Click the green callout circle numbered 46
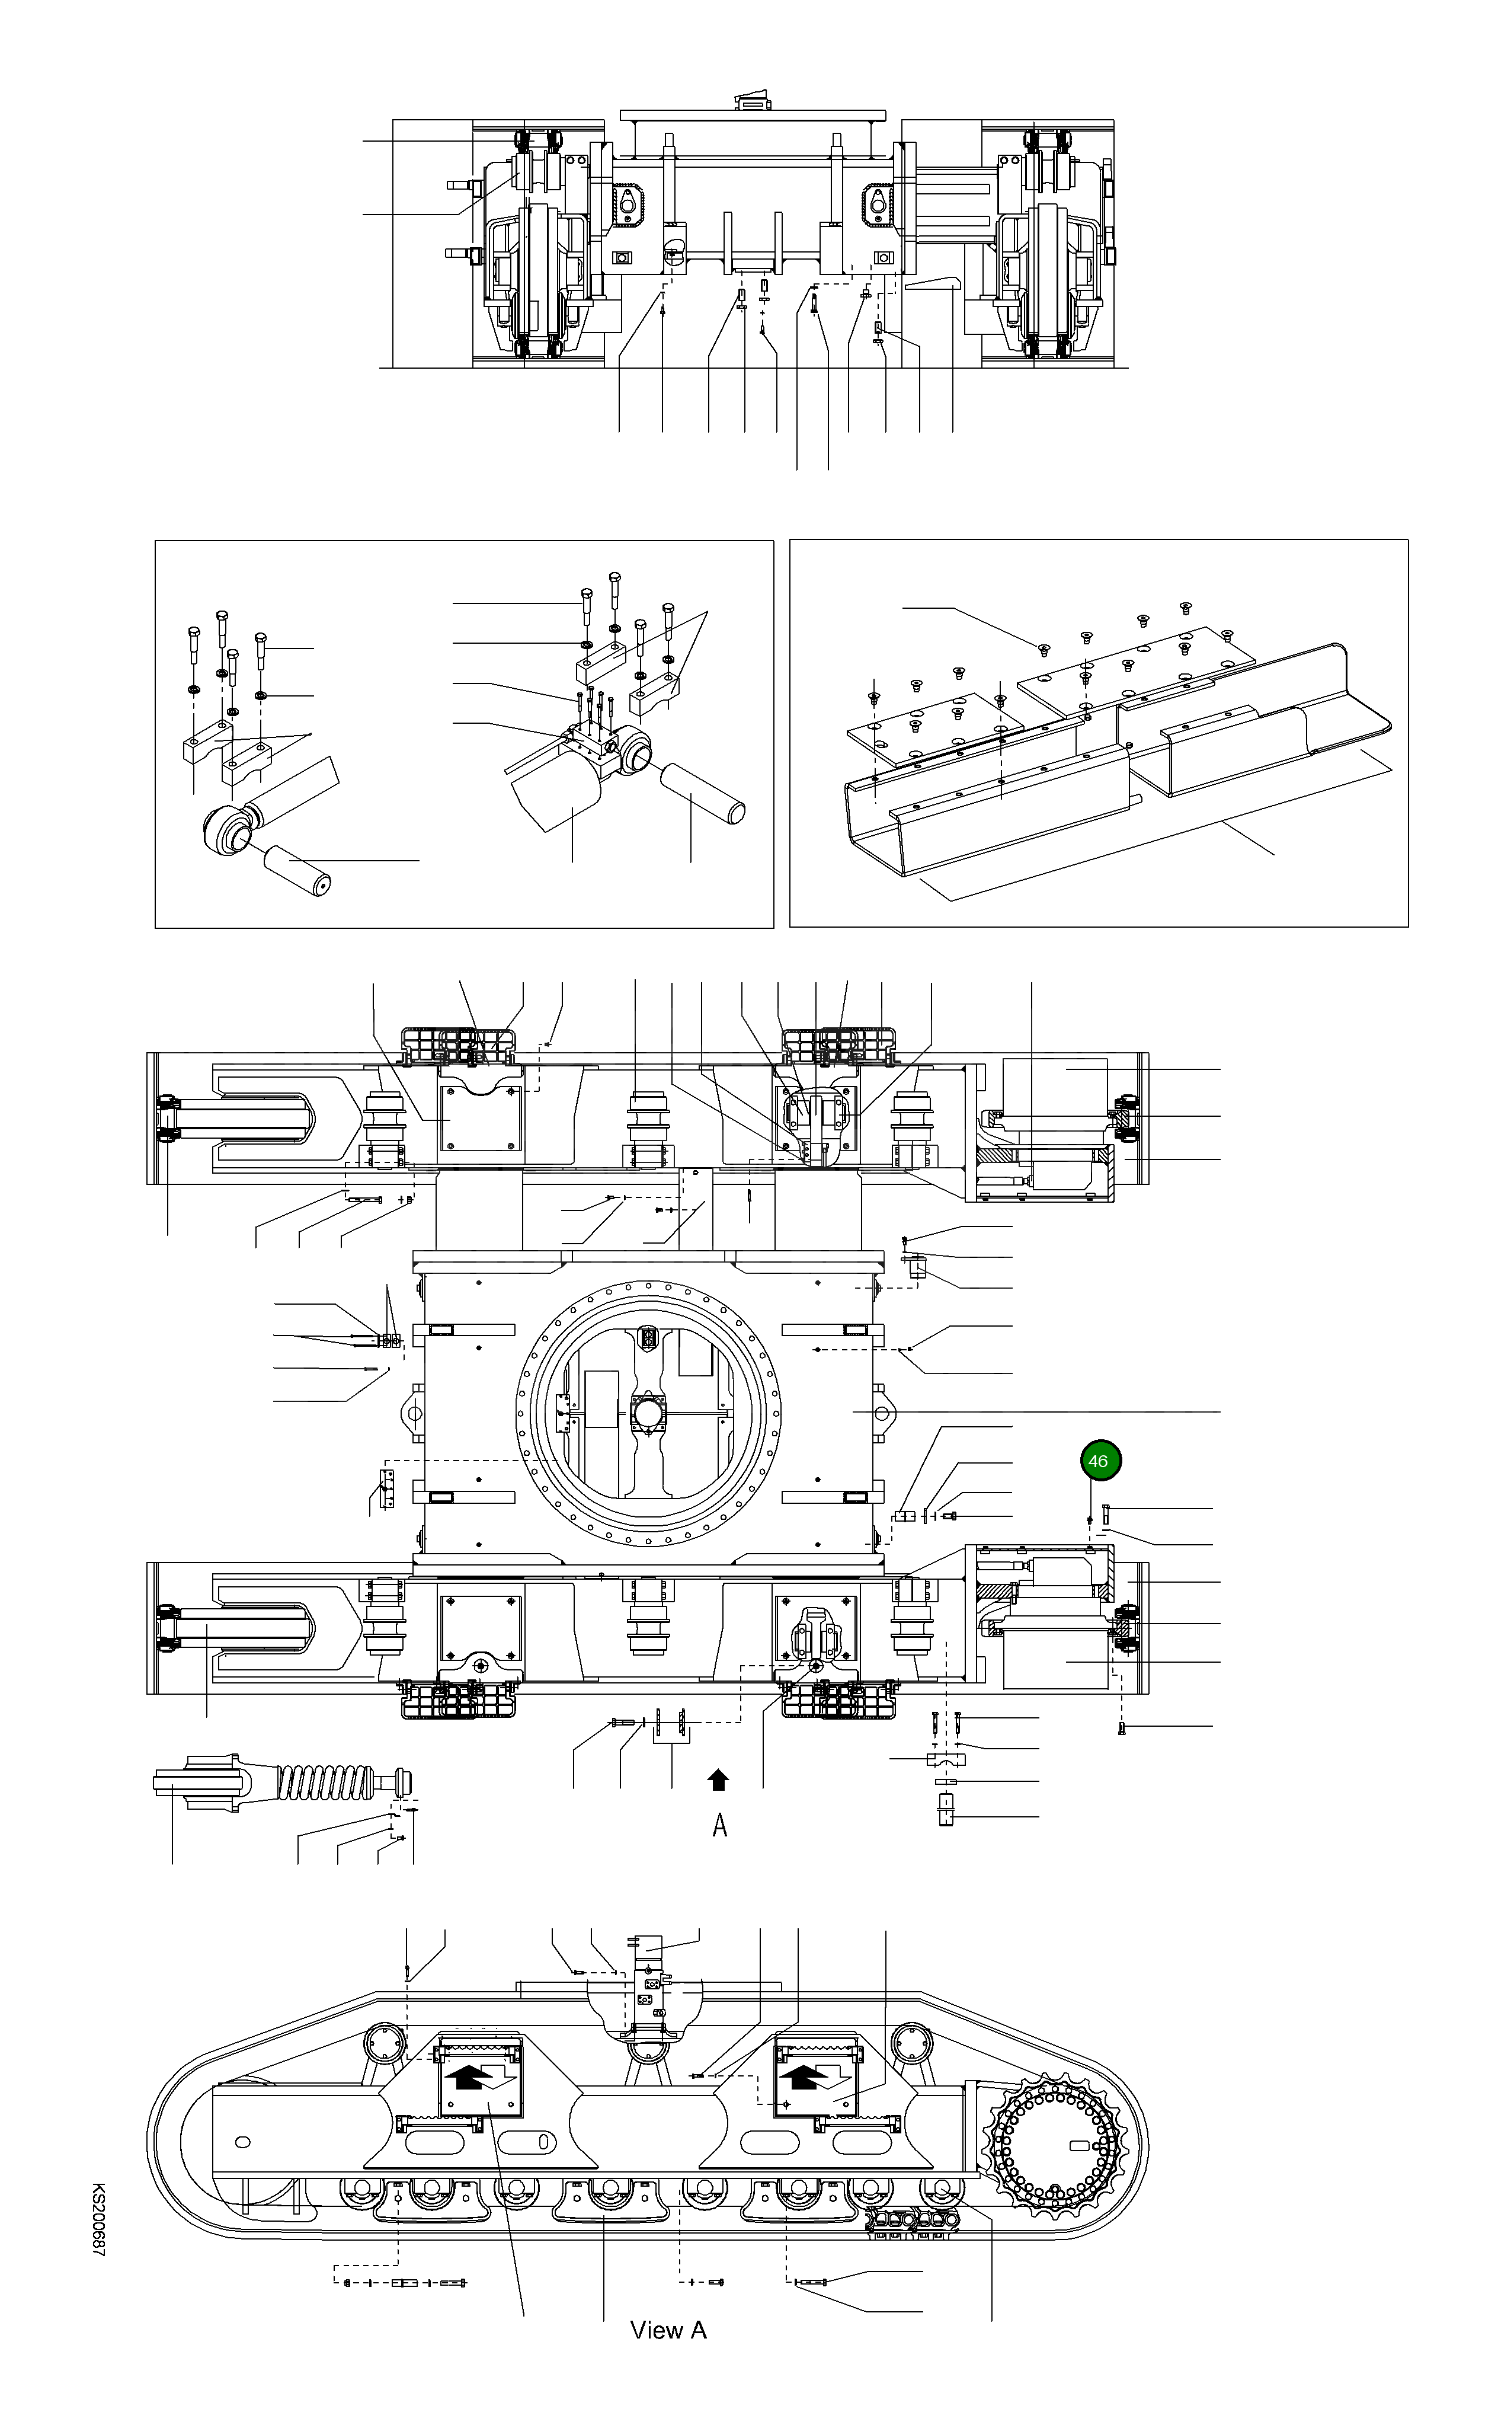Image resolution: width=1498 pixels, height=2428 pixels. click(x=1098, y=1461)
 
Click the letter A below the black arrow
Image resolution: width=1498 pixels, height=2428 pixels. click(x=721, y=1826)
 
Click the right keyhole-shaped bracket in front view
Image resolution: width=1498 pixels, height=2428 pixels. click(x=878, y=202)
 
